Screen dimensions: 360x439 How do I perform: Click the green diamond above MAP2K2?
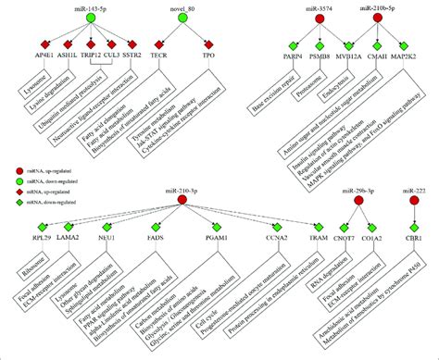(x=408, y=44)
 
